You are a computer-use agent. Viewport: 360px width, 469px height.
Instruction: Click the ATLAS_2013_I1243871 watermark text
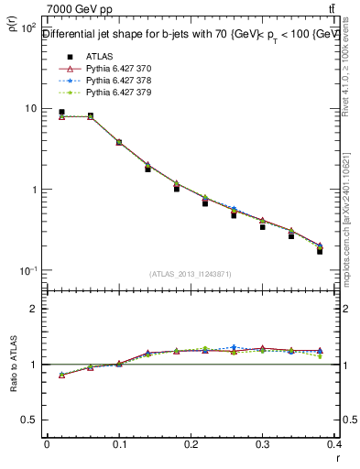click(x=191, y=274)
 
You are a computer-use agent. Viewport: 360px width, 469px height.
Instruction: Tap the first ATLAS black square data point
click(x=61, y=112)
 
